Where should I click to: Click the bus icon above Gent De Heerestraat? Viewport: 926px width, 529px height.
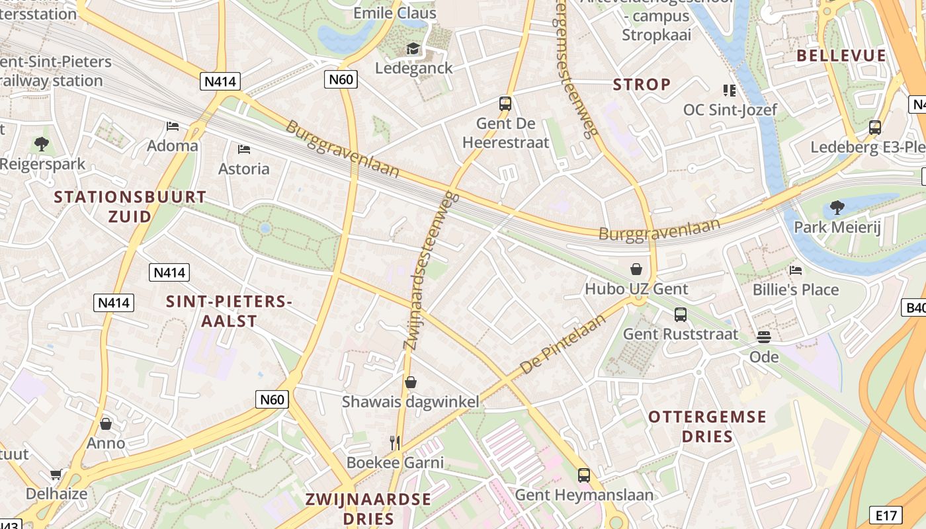[505, 103]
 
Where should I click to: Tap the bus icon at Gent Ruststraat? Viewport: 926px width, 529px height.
[681, 314]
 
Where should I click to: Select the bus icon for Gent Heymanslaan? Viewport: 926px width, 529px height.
[583, 475]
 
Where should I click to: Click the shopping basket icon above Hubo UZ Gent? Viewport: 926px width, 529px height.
[636, 269]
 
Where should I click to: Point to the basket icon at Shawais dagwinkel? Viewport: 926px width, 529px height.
[411, 382]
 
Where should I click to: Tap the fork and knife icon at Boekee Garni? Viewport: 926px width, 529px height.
[395, 442]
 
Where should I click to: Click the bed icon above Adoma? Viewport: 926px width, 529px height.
[173, 126]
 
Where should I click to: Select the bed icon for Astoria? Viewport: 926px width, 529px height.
[244, 149]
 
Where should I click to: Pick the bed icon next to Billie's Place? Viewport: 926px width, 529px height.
[796, 270]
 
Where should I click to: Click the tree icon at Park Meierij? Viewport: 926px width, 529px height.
[837, 208]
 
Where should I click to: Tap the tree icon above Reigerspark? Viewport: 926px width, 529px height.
[42, 143]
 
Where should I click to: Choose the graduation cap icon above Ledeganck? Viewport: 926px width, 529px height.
[413, 48]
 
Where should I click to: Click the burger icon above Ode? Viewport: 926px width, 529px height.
[764, 337]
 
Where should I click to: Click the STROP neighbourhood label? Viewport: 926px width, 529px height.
[642, 85]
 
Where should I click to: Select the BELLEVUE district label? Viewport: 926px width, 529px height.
[841, 56]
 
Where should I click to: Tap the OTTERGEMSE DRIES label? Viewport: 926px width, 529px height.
[707, 427]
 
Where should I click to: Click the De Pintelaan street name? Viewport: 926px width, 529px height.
[564, 345]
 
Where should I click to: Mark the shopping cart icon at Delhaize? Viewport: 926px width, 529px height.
[56, 474]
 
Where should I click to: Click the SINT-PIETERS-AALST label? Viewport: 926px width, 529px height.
[229, 311]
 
